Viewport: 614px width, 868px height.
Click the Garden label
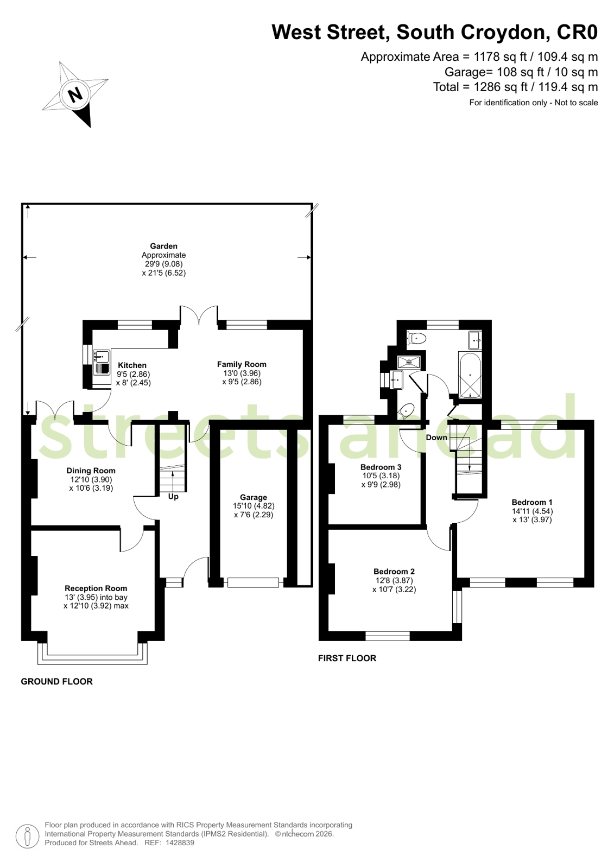pos(163,246)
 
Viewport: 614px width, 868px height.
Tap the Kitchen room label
pos(132,365)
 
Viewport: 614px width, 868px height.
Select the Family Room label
pos(242,364)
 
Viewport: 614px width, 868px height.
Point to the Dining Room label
pos(91,471)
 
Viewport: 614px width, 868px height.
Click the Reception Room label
pos(96,588)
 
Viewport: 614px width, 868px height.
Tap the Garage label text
pos(254,497)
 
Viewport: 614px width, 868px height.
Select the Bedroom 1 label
pos(531,502)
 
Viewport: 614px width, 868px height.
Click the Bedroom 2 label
pos(394,572)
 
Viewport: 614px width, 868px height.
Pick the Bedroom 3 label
pos(381,467)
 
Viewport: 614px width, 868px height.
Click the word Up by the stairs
pos(173,497)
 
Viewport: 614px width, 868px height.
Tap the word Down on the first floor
pos(436,438)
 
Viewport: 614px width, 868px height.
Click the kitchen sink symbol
pos(102,357)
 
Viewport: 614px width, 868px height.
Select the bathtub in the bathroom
pos(470,376)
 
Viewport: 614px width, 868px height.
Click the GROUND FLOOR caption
pos(56,681)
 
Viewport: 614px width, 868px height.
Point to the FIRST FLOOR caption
pos(347,658)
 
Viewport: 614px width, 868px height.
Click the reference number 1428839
pos(180,843)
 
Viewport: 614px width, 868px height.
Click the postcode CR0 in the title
pos(577,33)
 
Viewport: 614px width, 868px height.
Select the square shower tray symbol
pos(409,362)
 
